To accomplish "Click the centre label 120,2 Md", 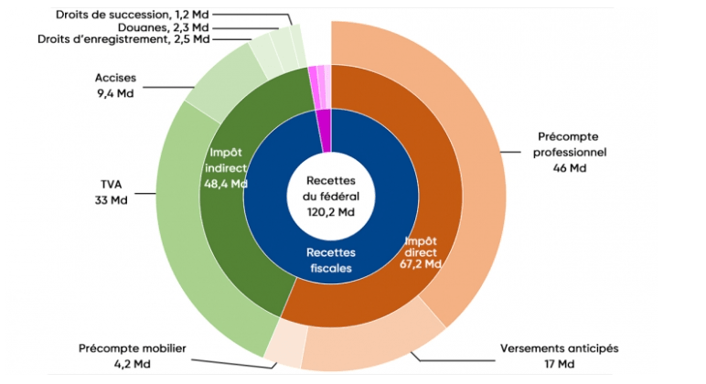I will (x=331, y=213).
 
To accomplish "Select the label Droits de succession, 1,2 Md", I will (x=134, y=15).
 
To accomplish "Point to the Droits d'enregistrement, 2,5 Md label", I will (x=124, y=39).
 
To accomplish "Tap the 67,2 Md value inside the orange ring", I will (x=422, y=263).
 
